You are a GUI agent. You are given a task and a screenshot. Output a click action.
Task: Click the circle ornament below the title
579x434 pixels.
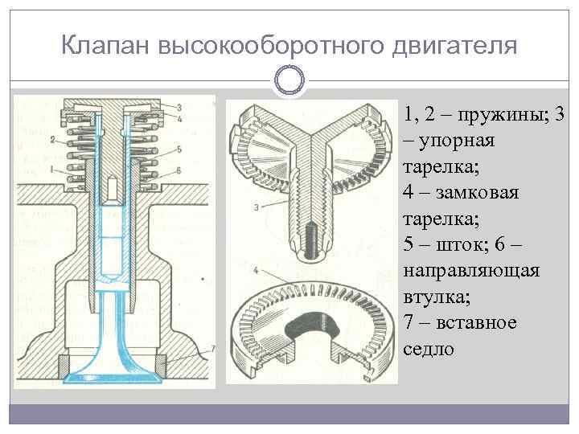(289, 80)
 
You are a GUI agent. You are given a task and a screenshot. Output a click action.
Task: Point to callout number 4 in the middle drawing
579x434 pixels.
(254, 268)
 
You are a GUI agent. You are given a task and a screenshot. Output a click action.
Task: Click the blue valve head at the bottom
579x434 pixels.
(113, 375)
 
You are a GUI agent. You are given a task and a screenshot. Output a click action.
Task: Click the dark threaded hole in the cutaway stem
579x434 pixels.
(309, 242)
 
